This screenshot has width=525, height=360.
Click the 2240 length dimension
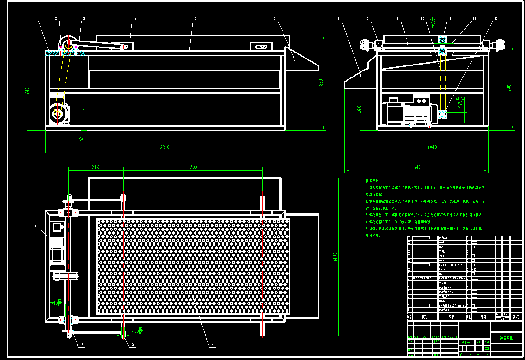(x=165, y=148)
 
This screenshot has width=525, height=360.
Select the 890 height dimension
(x=321, y=82)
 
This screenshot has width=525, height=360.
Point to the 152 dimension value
(x=82, y=139)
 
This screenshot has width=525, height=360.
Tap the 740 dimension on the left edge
(x=27, y=91)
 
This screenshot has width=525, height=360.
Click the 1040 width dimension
(x=432, y=148)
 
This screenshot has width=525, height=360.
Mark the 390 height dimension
(x=360, y=109)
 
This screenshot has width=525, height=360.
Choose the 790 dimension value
(x=509, y=87)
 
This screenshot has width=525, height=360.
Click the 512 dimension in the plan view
(x=95, y=167)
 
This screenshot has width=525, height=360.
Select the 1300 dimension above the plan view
(x=193, y=167)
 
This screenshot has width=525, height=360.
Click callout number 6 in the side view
(x=274, y=19)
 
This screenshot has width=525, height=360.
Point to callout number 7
(x=338, y=19)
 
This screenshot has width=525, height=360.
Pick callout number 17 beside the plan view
(x=35, y=226)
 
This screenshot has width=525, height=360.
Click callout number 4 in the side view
(x=136, y=19)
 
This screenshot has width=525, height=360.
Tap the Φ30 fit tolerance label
(x=137, y=330)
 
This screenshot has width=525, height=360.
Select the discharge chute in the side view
(x=300, y=60)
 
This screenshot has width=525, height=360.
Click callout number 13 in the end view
(x=496, y=19)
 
